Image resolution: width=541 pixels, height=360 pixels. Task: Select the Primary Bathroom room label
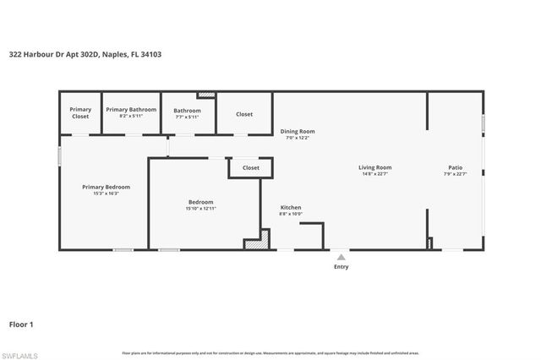pos(131,110)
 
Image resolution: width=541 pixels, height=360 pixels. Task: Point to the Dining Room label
pos(298,131)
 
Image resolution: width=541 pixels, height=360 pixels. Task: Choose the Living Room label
pos(374,167)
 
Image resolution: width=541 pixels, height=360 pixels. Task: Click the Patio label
pos(455,167)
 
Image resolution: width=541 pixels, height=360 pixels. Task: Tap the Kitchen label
pos(291,207)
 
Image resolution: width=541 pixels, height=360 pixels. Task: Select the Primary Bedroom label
pos(106,187)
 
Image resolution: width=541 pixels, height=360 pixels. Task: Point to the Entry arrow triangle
pos(341,256)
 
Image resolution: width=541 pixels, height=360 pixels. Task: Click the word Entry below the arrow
pos(341,266)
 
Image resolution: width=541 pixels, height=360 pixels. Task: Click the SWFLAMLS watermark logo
pos(19,355)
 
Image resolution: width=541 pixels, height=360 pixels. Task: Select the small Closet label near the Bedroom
pos(251,168)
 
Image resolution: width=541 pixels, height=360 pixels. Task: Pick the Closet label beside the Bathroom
pos(244,114)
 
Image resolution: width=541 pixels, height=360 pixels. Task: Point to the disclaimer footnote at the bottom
pos(270,352)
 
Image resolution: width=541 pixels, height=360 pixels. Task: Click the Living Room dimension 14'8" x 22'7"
pos(374,173)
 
